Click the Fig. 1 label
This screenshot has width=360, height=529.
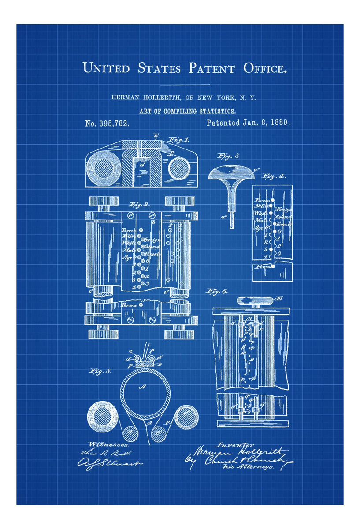coord(178,140)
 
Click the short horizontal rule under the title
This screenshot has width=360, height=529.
coord(185,84)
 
